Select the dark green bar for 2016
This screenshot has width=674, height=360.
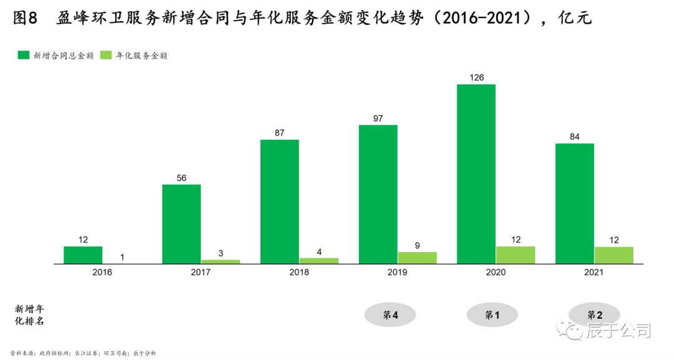tap(83, 255)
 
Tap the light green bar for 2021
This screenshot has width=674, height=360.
tap(613, 255)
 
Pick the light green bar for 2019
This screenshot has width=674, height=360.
tap(417, 258)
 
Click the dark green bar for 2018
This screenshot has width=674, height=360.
tap(280, 201)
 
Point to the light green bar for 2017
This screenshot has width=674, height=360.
tap(220, 261)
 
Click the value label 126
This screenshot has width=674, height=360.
tap(476, 77)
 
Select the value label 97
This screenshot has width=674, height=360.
tap(378, 118)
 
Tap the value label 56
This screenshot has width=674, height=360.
tap(182, 178)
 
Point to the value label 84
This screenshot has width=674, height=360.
tap(575, 137)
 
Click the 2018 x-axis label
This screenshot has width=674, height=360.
tap(299, 273)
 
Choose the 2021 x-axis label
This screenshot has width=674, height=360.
tap(593, 273)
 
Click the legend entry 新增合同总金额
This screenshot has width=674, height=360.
tap(57, 56)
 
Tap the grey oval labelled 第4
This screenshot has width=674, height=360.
tap(391, 315)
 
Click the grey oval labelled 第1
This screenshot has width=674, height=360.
tap(492, 315)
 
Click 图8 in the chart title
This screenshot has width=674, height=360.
tap(26, 18)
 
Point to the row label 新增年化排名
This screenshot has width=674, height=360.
tap(30, 315)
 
